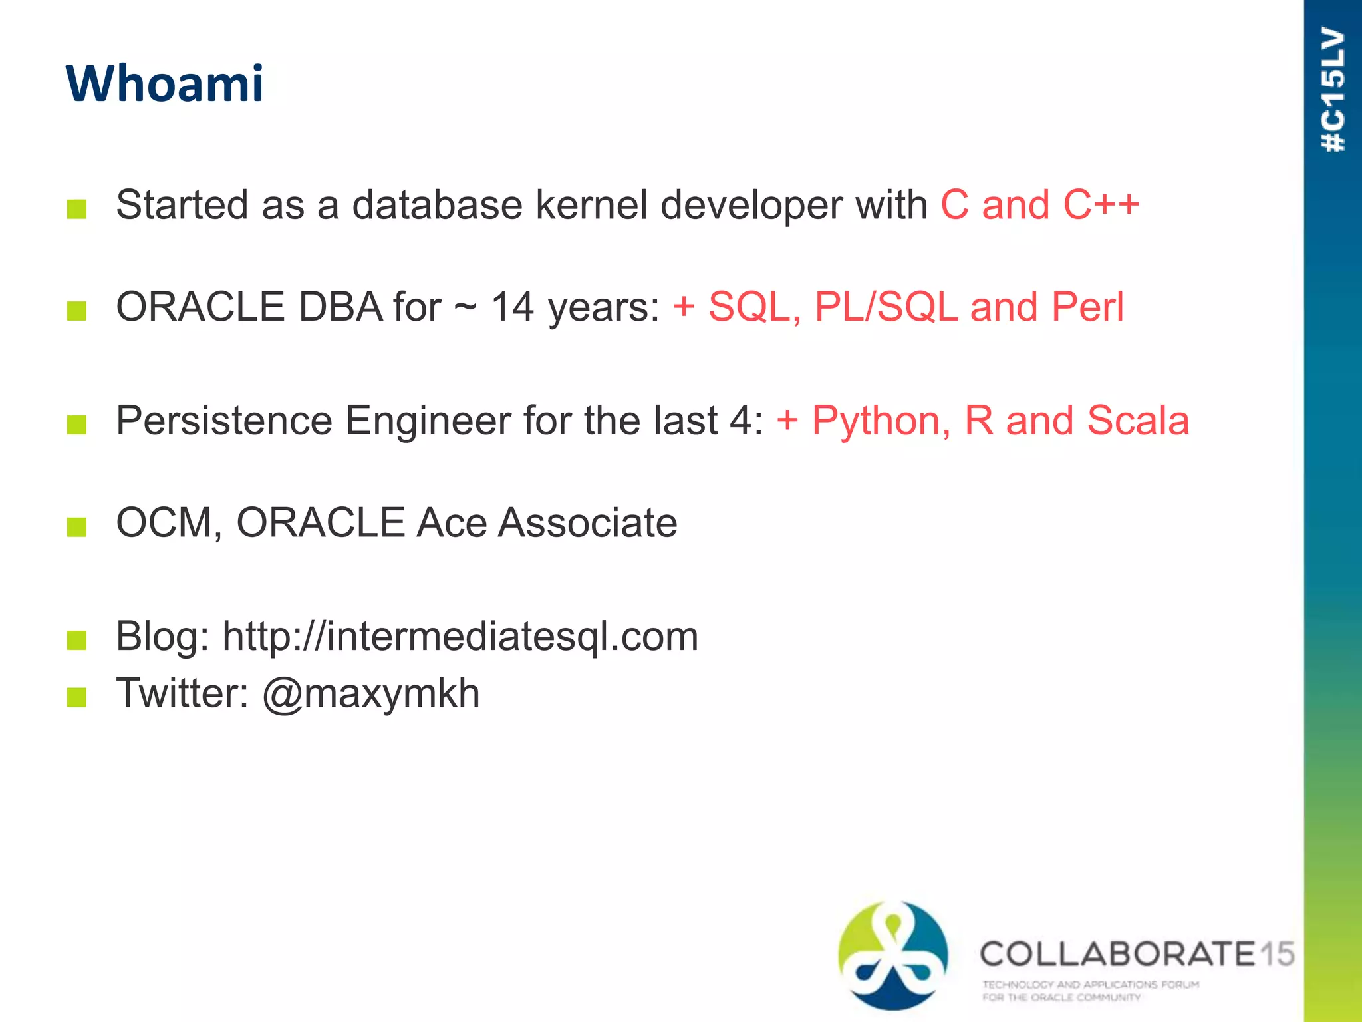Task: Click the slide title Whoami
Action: (x=164, y=84)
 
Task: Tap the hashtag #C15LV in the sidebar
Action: (x=1333, y=90)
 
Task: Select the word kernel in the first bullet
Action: (x=591, y=204)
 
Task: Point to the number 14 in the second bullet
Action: (x=512, y=307)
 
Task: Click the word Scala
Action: (x=1138, y=421)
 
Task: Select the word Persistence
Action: (x=224, y=421)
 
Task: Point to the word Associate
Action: (x=588, y=523)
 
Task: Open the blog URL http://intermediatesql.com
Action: (x=460, y=637)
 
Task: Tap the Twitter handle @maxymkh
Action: (x=371, y=693)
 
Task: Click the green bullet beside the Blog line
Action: (x=77, y=641)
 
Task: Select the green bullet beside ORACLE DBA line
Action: (x=77, y=311)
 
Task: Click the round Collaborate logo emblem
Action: (x=892, y=955)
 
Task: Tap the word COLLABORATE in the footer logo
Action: (x=1117, y=954)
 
